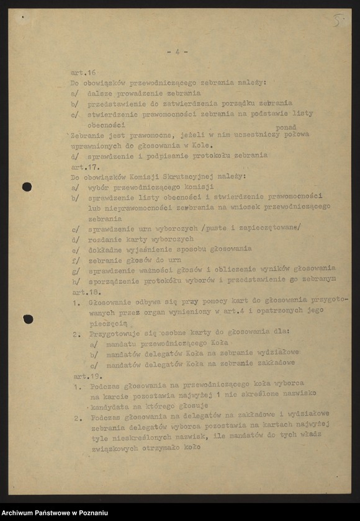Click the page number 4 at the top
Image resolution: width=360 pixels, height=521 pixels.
[177, 52]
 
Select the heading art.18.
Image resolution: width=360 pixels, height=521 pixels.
[83, 292]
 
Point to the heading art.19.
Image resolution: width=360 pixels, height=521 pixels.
[84, 376]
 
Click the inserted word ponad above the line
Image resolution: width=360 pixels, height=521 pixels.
[286, 127]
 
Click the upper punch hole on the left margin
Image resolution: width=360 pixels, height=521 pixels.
[27, 187]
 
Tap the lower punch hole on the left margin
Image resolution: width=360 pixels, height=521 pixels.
[28, 319]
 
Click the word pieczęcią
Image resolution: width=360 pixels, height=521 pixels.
[108, 323]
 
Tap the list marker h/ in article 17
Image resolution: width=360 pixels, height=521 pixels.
[76, 280]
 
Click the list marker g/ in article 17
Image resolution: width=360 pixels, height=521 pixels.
[76, 270]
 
